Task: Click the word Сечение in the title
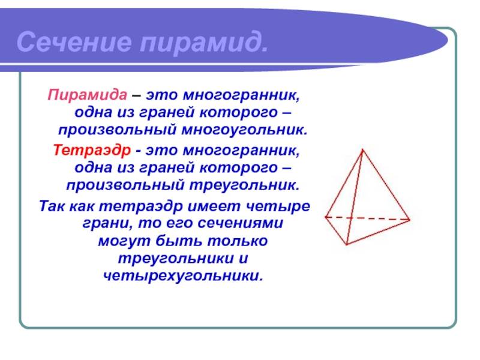tap(74, 41)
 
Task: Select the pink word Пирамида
tap(87, 95)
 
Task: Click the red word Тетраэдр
tap(92, 151)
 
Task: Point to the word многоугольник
tap(244, 130)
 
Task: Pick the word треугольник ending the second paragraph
tap(244, 185)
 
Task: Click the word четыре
tap(278, 206)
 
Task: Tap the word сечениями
tap(241, 223)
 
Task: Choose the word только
tap(238, 241)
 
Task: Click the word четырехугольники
tap(183, 276)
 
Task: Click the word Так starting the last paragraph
tap(52, 206)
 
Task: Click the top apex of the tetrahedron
tap(363, 149)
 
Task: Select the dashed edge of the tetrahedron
tap(367, 218)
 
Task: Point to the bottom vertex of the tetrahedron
tap(347, 245)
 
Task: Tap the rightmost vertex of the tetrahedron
tap(410, 220)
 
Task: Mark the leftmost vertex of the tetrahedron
tap(325, 217)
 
